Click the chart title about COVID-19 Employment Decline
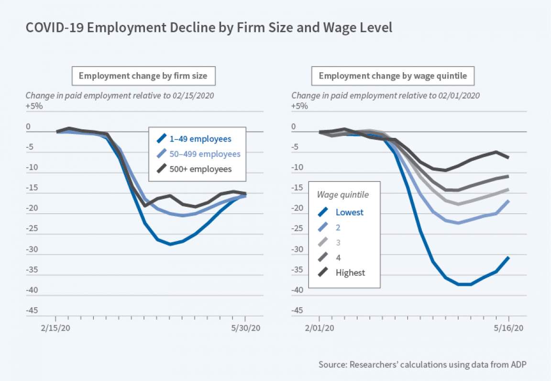pos(209,28)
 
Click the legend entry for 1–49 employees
pos(198,139)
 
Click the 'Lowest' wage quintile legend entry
pos(349,212)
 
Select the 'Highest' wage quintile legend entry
pos(350,273)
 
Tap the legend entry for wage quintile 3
pos(339,243)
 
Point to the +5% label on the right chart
pos(299,106)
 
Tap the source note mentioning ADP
pos(423,365)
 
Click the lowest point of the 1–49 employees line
pos(170,244)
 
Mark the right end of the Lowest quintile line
pos(508,258)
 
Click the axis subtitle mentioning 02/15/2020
pos(120,95)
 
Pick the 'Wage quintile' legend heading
pos(343,195)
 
